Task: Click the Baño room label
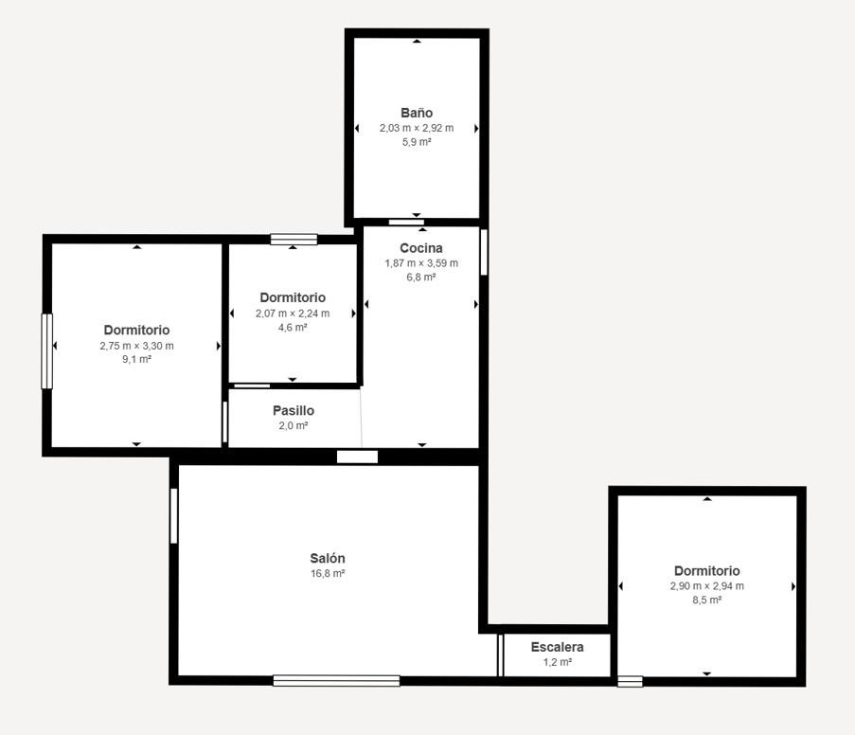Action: (417, 113)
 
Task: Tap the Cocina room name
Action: (421, 248)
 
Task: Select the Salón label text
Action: (328, 558)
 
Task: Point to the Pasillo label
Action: (294, 410)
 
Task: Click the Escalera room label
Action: (558, 647)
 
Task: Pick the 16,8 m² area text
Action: (328, 573)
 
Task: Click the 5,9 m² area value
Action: (417, 142)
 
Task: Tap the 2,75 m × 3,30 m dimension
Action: (137, 346)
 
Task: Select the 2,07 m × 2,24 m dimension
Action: (293, 314)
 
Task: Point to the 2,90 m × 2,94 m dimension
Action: (707, 586)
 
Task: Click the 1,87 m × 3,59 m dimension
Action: (421, 263)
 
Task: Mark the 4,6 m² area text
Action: (293, 328)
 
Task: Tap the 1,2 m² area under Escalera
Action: (558, 662)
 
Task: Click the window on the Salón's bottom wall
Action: (336, 680)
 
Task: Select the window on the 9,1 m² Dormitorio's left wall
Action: (47, 351)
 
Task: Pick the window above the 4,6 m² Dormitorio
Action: (294, 239)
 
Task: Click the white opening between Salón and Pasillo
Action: (357, 457)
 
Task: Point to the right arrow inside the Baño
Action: (476, 129)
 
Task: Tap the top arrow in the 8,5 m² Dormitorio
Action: (707, 499)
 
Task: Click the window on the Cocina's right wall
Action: (484, 252)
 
